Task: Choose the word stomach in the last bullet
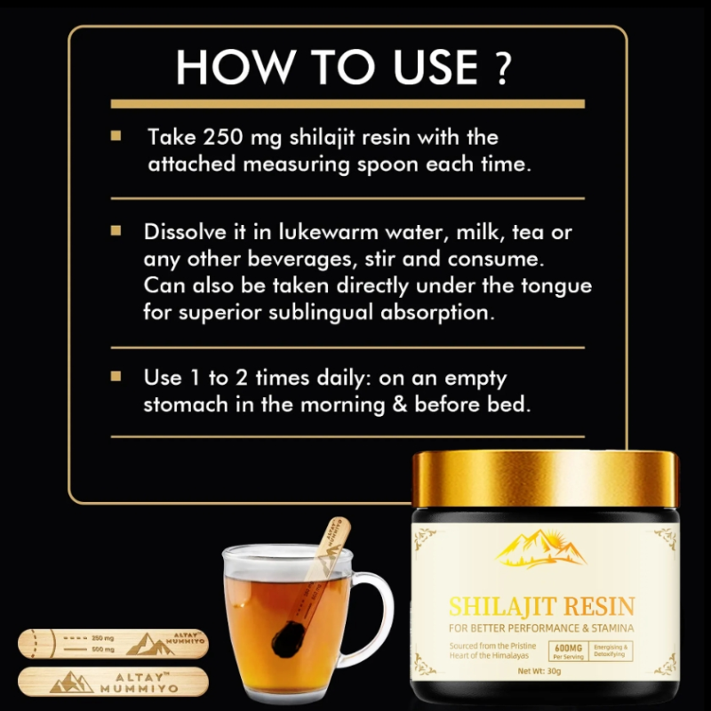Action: coord(185,404)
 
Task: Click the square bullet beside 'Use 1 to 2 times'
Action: coord(116,377)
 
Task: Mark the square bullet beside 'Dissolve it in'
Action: coord(116,231)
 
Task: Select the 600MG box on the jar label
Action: coord(566,651)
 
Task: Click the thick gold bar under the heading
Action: coord(347,104)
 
